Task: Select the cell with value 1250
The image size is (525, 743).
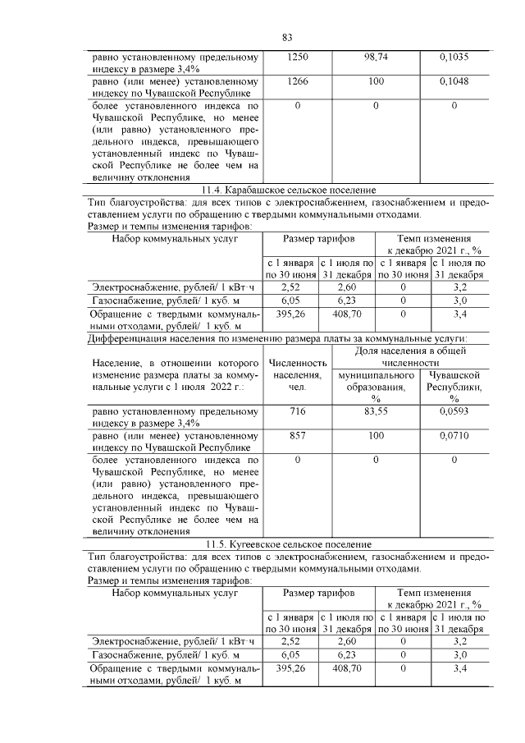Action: click(x=297, y=58)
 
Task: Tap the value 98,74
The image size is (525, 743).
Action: click(x=375, y=58)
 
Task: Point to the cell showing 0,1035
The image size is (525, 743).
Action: click(x=454, y=58)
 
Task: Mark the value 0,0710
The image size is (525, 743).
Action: click(x=454, y=438)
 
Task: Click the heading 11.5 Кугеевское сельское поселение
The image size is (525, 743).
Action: click(x=289, y=544)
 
